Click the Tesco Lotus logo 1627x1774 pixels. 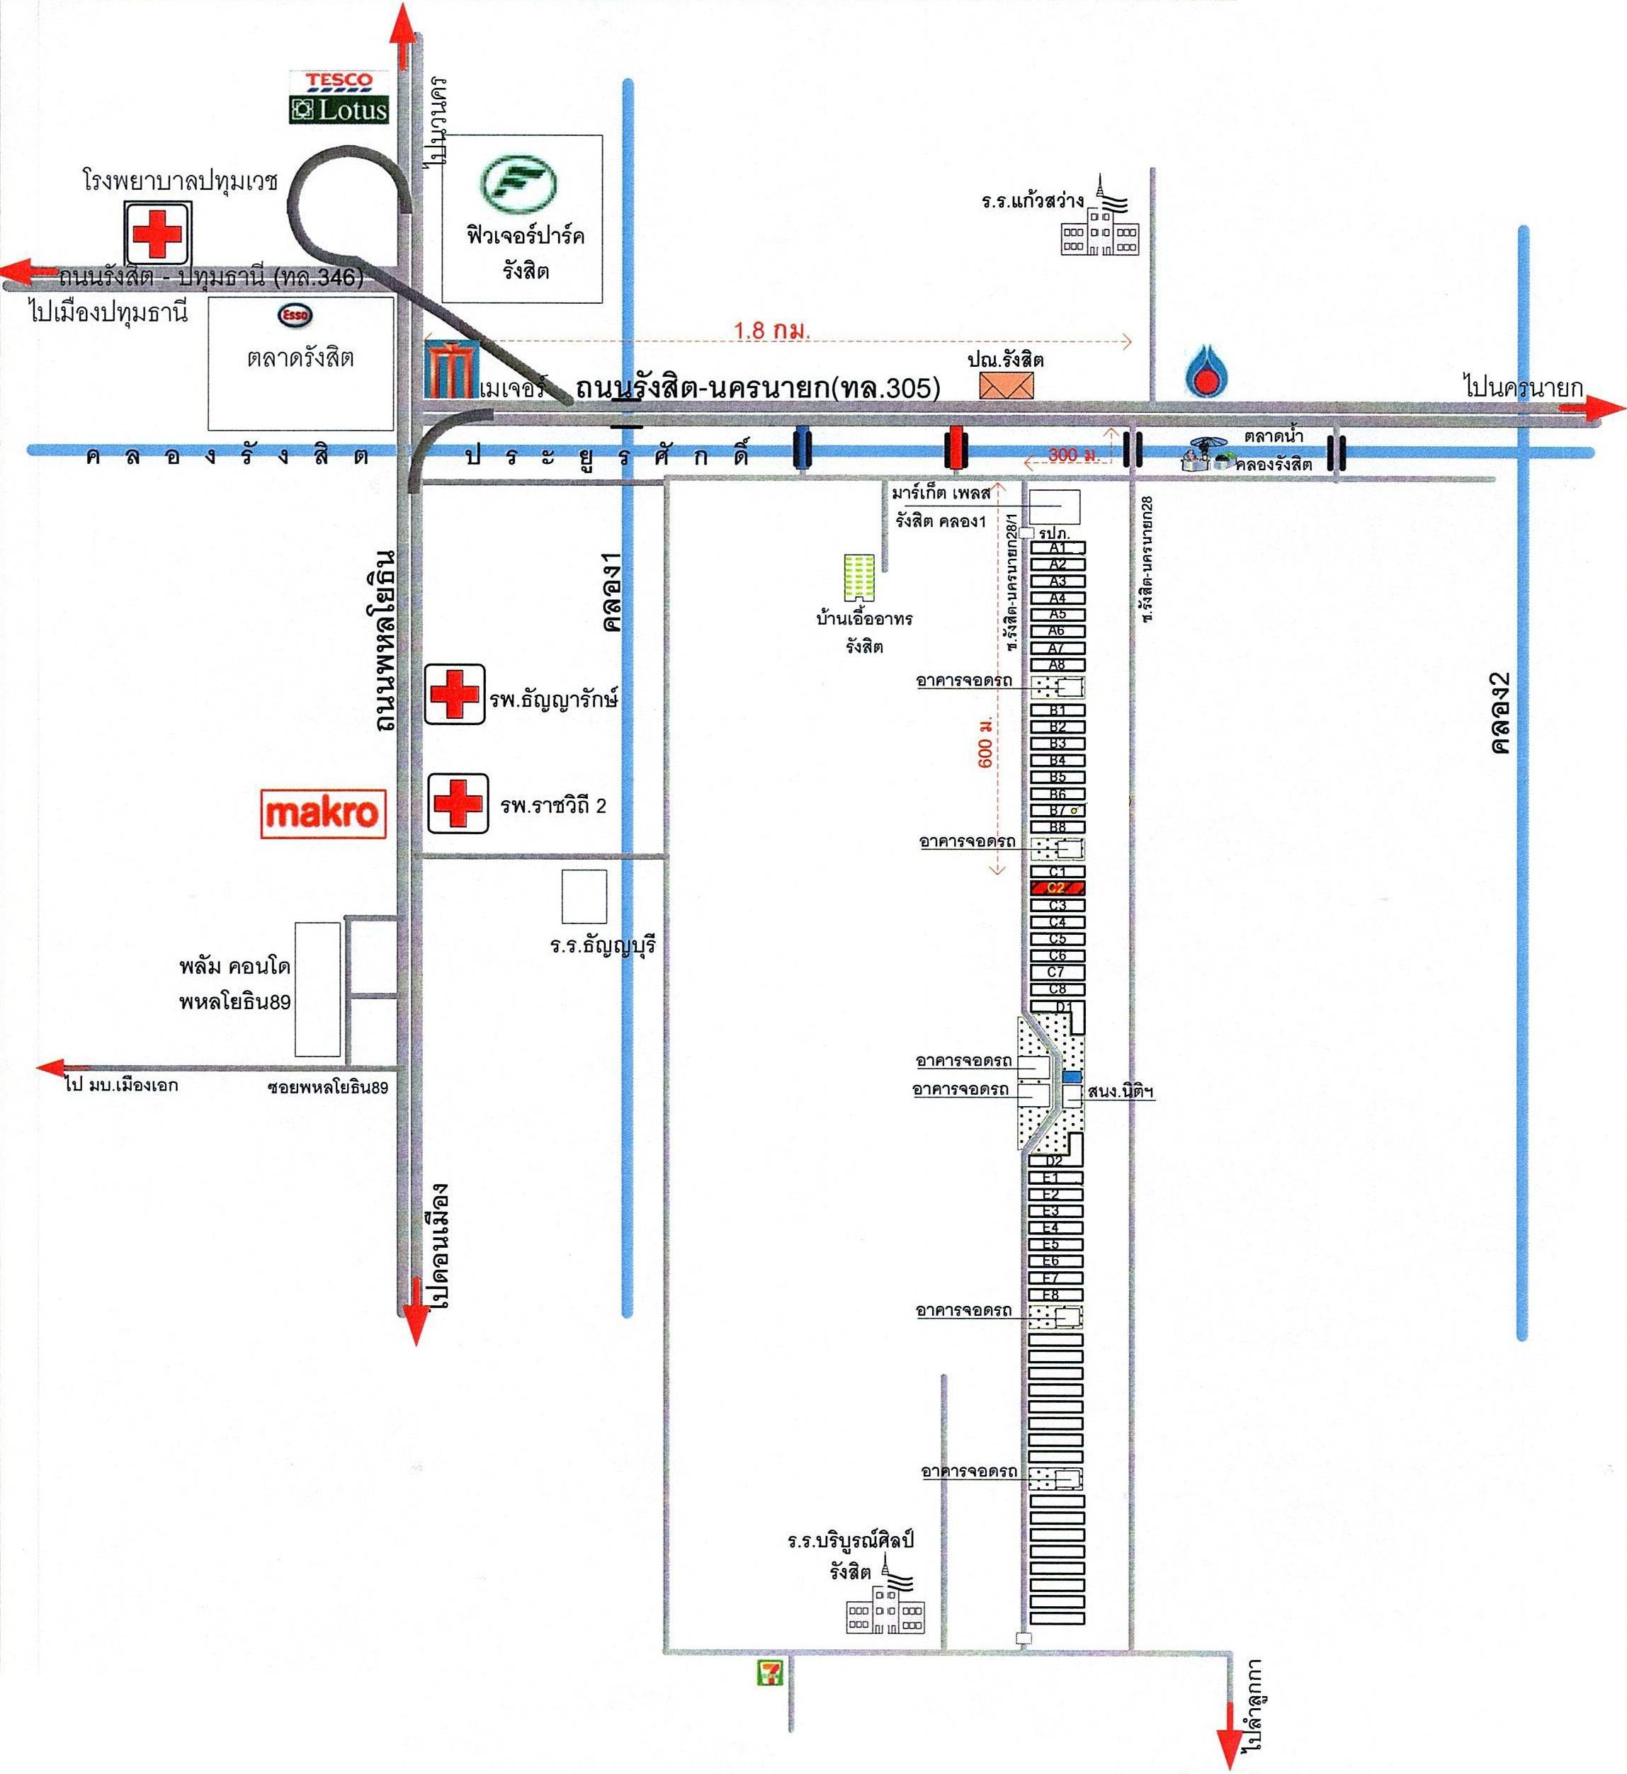[x=339, y=97]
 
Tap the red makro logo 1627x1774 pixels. [x=323, y=812]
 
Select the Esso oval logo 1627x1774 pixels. [x=295, y=314]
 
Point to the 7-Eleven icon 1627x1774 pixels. [x=771, y=1672]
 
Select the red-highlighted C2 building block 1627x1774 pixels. [x=1058, y=887]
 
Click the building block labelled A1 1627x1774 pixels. [x=1058, y=547]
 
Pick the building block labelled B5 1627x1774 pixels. [x=1058, y=776]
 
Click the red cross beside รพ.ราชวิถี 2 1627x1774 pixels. [x=457, y=803]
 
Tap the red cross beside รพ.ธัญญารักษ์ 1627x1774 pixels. [x=454, y=694]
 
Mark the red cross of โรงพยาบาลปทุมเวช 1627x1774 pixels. [x=157, y=233]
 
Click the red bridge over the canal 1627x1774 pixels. [x=953, y=448]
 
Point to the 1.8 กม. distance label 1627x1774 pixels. [x=771, y=331]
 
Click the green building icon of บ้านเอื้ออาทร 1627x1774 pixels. [x=858, y=578]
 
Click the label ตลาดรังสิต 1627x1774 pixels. [x=300, y=358]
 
